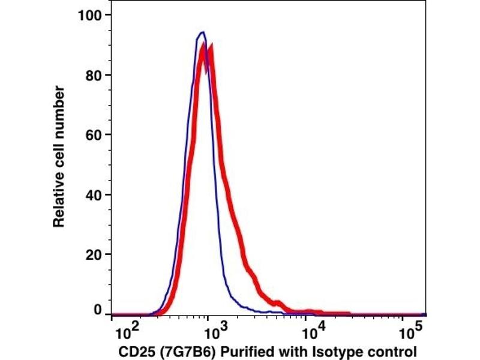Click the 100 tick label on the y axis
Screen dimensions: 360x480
click(89, 14)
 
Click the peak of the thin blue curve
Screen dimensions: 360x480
click(203, 32)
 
